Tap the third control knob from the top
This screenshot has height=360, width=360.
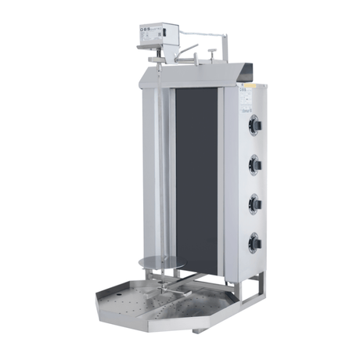pyautogui.click(x=255, y=202)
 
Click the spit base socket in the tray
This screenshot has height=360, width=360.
pyautogui.click(x=161, y=295)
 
